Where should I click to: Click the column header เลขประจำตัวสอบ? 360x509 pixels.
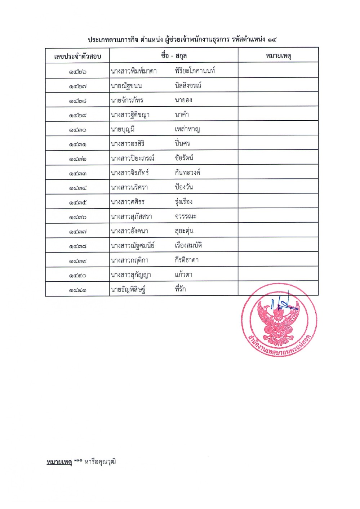[x=77, y=56]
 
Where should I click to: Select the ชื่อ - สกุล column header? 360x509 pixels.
[x=174, y=55]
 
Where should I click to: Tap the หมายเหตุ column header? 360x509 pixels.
[x=278, y=55]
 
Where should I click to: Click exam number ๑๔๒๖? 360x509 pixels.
[x=77, y=72]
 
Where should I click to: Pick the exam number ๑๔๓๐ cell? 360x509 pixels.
[x=77, y=130]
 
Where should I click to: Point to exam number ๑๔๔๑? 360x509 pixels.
[x=77, y=290]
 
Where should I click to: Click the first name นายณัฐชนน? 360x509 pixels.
[x=126, y=86]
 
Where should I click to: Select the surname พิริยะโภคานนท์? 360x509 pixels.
[x=195, y=71]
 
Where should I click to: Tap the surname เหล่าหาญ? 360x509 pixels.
[x=187, y=129]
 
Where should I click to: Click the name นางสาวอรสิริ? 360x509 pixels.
[x=128, y=144]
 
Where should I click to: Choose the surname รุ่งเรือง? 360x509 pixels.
[x=183, y=202]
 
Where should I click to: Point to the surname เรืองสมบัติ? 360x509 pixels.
[x=188, y=245]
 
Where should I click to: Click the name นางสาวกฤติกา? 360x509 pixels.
[x=129, y=260]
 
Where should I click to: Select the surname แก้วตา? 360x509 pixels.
[x=183, y=274]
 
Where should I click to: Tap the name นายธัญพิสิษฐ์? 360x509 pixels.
[x=128, y=289]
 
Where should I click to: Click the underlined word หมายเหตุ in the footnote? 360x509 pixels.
[x=59, y=462]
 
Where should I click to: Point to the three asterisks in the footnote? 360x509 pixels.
[x=78, y=461]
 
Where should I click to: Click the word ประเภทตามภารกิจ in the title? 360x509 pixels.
[x=113, y=40]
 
